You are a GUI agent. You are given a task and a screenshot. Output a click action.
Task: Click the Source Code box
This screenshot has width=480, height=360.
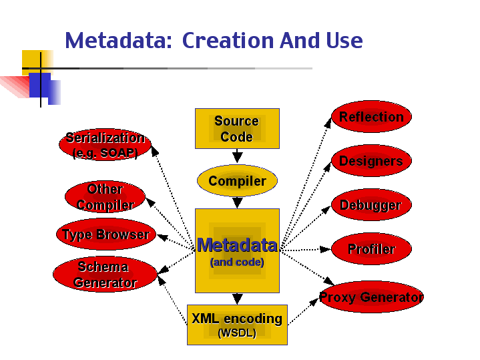237,128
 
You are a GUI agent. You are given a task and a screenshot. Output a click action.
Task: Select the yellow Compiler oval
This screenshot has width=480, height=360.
237,181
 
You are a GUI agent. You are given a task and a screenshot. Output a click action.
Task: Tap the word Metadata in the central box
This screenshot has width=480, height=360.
237,245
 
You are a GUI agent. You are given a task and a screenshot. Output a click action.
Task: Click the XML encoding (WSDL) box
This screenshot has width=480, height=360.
237,325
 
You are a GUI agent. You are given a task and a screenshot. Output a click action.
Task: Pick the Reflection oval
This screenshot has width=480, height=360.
371,117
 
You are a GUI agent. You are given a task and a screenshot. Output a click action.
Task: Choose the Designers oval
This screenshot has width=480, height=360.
371,161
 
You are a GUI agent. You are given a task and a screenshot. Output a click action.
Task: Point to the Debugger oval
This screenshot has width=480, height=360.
371,205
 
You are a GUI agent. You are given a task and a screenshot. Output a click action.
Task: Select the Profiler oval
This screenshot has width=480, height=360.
371,249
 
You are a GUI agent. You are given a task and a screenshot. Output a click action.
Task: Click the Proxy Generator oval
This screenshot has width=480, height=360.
371,297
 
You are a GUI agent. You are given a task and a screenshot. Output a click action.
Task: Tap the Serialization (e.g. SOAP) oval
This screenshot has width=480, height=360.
105,144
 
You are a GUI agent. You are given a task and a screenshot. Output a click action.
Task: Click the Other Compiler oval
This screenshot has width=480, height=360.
105,196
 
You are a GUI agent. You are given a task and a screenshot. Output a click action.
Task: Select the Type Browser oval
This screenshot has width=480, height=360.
105,234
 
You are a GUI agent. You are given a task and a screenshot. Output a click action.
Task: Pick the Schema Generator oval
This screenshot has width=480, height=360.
105,275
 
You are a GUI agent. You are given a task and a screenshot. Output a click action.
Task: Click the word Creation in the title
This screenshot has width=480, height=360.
228,41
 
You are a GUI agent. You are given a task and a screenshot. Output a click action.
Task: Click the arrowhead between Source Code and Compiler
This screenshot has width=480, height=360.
237,158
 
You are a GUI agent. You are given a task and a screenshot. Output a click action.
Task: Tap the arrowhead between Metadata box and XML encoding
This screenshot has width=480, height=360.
237,299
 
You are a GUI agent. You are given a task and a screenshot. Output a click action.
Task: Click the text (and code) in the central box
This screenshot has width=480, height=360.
237,262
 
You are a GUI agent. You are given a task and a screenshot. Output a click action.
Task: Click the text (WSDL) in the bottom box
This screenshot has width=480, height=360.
237,333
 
